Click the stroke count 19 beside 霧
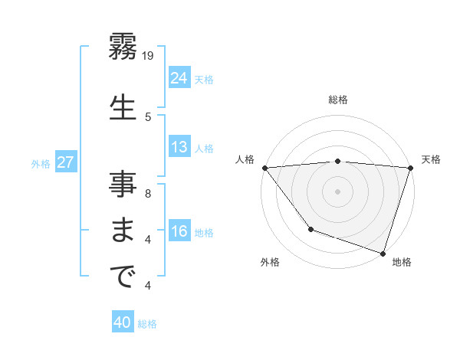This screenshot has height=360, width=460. [149, 55]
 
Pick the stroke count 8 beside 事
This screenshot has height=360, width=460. [148, 193]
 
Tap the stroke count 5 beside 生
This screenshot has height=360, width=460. [149, 116]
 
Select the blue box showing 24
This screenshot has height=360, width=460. [179, 77]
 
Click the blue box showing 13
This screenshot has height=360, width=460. [179, 147]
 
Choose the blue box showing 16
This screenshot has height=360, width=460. [179, 232]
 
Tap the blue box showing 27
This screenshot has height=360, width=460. [65, 162]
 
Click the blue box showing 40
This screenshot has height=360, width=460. [123, 323]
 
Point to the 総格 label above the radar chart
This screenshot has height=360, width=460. [338, 100]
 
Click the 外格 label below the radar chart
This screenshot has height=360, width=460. [270, 262]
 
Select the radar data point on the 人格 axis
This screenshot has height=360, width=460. [264, 168]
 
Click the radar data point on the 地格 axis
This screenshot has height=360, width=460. [383, 253]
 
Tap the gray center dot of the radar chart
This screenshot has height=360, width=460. [337, 191]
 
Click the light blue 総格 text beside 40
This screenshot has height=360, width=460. [147, 324]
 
